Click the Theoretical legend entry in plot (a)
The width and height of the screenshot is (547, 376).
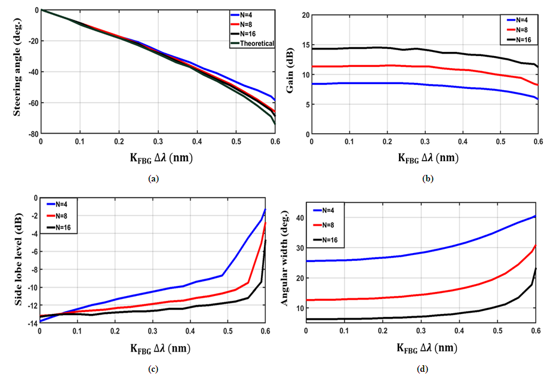[x=259, y=43]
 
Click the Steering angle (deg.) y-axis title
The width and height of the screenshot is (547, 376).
[x=9, y=71]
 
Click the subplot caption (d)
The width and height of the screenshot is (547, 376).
[x=423, y=369]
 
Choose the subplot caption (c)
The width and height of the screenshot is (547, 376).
[x=153, y=369]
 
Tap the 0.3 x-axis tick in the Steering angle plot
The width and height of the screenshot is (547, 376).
[x=158, y=143]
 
